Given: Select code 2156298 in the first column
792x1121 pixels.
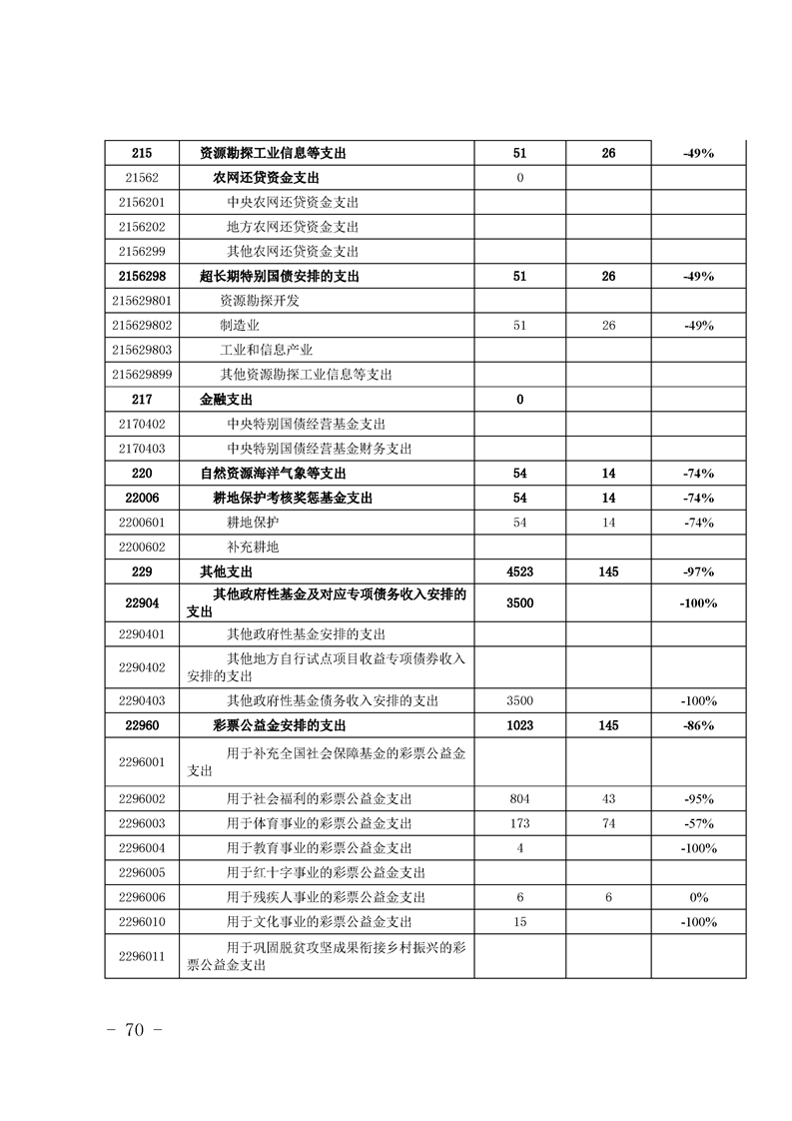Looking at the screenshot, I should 141,276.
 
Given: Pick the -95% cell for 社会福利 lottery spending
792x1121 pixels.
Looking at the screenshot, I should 698,799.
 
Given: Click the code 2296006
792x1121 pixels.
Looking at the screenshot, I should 141,897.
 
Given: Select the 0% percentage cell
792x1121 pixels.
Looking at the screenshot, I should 698,897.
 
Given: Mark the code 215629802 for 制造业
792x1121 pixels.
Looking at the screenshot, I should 143,326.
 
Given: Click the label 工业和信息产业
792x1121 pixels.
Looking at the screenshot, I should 267,350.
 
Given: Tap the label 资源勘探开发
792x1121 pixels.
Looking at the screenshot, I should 260,301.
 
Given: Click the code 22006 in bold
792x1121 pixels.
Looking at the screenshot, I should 141,498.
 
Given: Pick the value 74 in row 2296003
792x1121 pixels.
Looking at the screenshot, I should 608,824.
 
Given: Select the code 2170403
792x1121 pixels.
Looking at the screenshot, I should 141,449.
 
